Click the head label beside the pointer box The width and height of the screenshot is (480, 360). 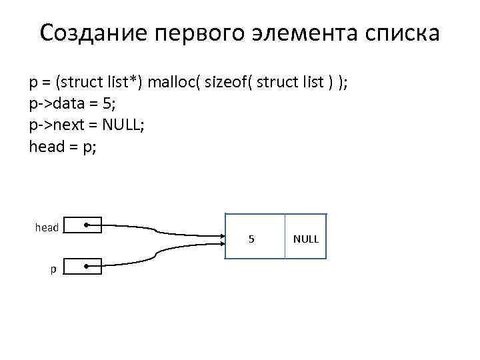(47, 228)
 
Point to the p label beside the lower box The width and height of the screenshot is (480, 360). (51, 269)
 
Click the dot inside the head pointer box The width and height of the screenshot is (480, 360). (88, 226)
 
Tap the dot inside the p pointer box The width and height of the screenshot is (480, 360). (88, 267)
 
